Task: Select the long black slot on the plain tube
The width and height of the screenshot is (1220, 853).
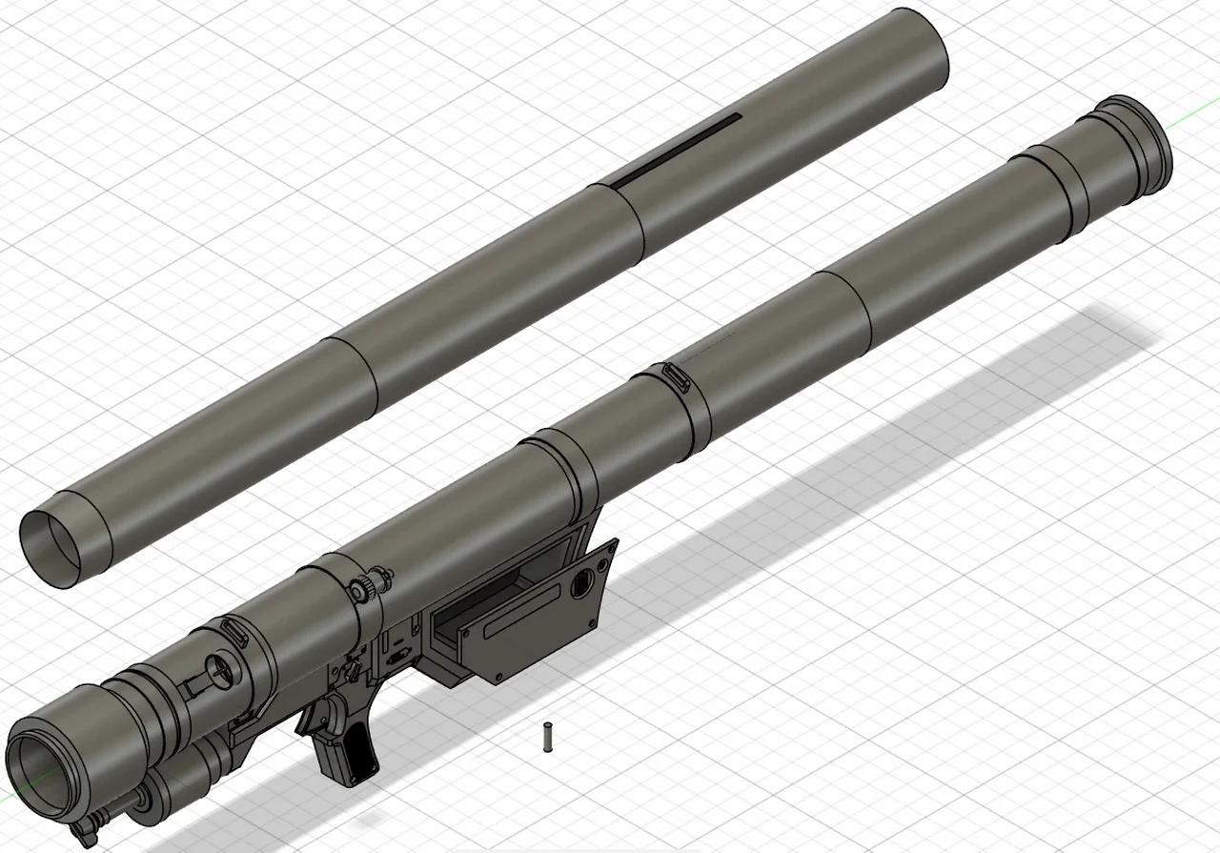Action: coord(675,151)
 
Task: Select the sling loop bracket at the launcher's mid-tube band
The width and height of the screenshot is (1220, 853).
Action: coord(676,376)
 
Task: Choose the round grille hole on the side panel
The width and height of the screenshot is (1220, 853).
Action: coord(580,588)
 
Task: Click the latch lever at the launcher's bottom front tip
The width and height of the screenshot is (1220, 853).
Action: coord(86,829)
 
